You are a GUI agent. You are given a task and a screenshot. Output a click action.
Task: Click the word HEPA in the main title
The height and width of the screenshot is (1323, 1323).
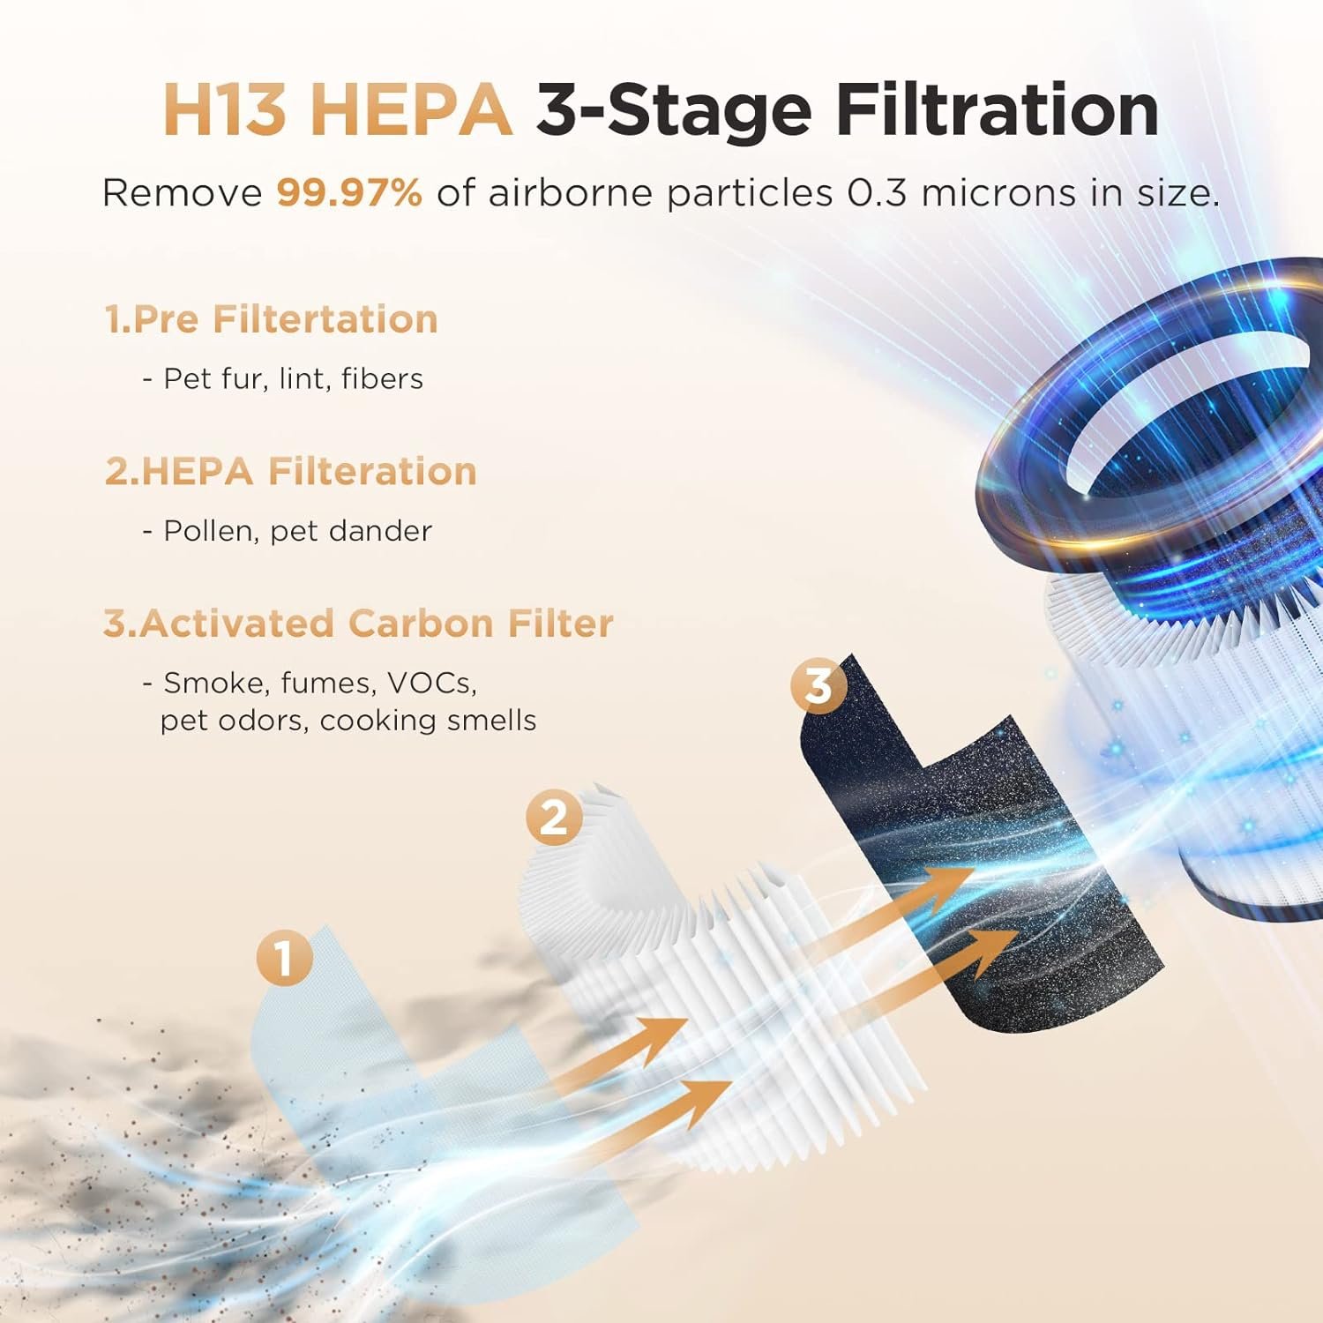point(412,111)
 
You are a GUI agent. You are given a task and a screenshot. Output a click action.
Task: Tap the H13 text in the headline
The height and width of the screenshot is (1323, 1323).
point(225,111)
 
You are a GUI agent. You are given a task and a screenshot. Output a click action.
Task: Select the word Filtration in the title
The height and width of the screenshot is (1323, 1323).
point(997,111)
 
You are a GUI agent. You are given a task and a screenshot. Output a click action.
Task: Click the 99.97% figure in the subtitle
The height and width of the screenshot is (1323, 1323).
point(349,193)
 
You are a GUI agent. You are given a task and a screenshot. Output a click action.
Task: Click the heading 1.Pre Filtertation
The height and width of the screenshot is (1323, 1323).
point(271,319)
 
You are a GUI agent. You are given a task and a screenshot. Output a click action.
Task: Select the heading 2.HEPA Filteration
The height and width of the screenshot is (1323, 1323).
point(290,471)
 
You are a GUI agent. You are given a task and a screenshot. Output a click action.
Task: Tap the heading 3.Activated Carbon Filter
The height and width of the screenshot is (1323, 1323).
point(357,624)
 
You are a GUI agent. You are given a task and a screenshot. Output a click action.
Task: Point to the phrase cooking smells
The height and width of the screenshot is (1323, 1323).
point(428,721)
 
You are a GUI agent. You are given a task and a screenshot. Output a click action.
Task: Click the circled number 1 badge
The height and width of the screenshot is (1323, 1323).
point(284,958)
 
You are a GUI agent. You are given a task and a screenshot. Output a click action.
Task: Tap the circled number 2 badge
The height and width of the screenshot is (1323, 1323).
point(553,818)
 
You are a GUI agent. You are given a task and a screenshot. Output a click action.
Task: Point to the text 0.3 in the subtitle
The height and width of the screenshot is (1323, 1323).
point(877,193)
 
